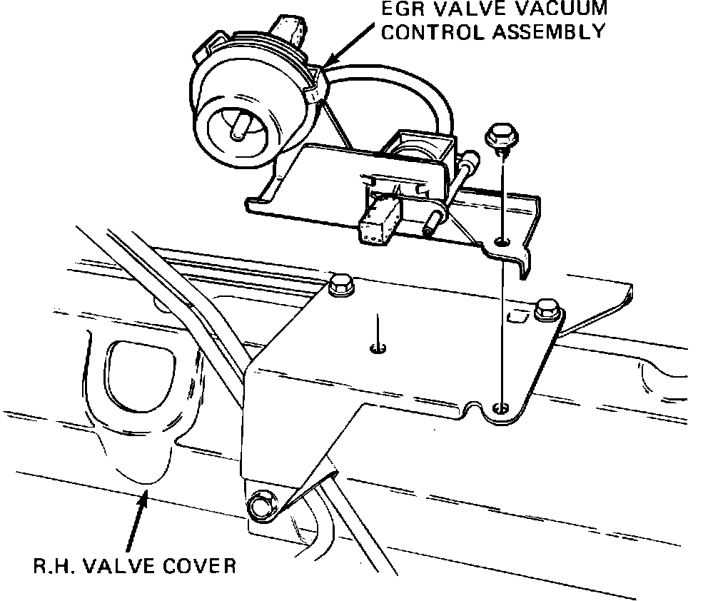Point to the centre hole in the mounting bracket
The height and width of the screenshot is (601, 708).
[x=378, y=348]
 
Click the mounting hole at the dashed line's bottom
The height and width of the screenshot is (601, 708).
[x=502, y=408]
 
